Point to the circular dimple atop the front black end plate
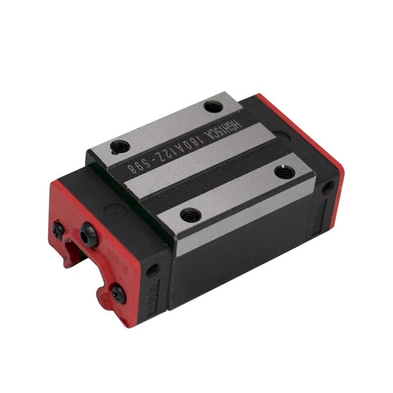point(116,213)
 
